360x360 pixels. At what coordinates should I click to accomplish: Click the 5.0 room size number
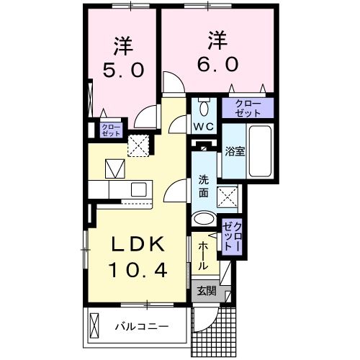click(123, 70)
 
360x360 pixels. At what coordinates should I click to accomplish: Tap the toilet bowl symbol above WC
click(203, 108)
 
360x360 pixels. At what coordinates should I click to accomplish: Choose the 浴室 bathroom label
click(233, 152)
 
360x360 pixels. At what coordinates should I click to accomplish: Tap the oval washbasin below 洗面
click(204, 220)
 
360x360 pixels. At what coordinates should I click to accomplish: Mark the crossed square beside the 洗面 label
click(229, 196)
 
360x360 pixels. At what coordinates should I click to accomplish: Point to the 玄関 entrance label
click(206, 291)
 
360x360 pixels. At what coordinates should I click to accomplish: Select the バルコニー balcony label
click(143, 327)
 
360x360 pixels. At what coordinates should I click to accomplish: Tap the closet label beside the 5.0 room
click(111, 130)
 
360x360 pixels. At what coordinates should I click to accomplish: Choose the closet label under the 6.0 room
click(247, 109)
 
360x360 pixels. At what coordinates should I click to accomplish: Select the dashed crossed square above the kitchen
click(138, 145)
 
